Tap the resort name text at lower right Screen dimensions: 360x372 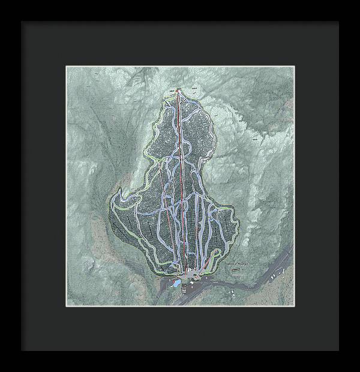tap(236, 262)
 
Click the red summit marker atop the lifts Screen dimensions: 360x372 tap(178, 91)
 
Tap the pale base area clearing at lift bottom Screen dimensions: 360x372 tap(191, 275)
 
